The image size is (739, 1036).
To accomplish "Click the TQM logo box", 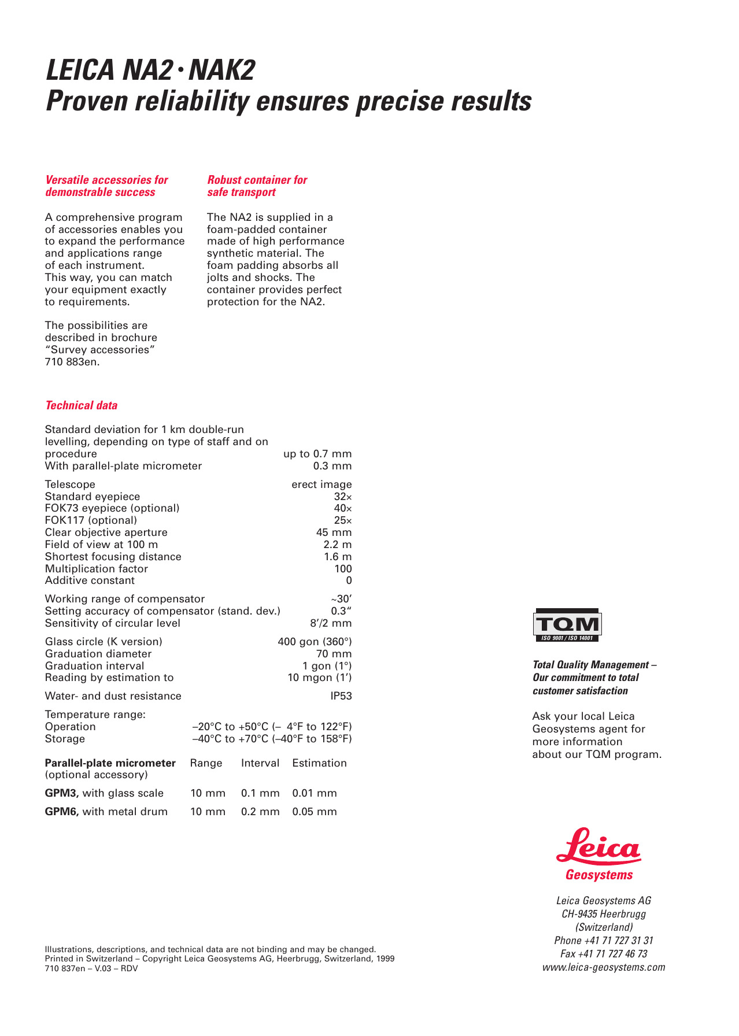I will [567, 624].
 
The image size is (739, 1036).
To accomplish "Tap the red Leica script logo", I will [598, 847].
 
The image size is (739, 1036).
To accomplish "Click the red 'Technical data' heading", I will [82, 405].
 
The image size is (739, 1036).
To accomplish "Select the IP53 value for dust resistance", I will [341, 696].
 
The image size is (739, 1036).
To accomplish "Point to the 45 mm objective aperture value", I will [334, 532].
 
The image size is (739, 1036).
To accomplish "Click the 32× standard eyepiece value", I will [343, 497].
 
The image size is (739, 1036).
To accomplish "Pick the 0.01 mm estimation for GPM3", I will [315, 793].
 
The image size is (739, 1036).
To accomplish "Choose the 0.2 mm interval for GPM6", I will [260, 812].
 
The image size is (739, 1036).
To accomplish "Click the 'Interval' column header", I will [260, 763].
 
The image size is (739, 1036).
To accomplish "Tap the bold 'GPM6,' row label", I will [62, 812].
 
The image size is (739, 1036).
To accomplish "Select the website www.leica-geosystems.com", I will [604, 967].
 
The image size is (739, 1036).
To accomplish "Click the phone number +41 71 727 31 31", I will [604, 941].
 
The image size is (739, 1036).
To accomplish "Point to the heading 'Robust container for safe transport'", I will [257, 186].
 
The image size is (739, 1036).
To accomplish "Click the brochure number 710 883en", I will [72, 362].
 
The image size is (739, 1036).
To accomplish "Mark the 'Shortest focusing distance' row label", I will [113, 557].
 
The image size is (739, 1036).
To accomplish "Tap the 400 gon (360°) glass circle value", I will [315, 642].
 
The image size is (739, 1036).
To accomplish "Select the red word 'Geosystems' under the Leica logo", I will [599, 875].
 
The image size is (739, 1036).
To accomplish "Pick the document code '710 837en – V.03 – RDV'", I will [91, 968].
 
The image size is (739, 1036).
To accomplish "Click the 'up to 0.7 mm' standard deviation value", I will [317, 454].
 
